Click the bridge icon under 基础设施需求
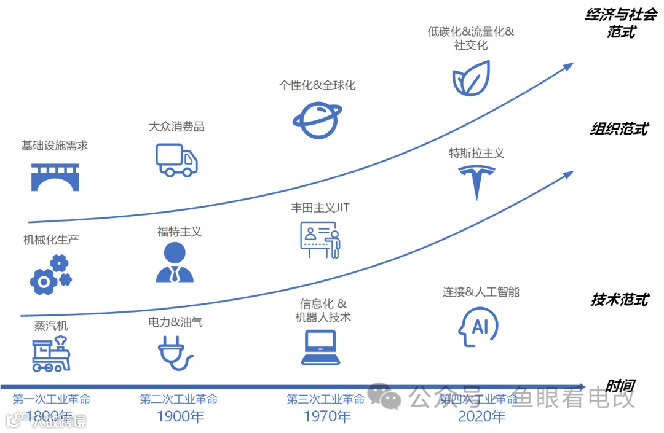click(55, 176)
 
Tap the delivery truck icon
click(176, 160)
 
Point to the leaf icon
click(470, 79)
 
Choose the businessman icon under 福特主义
click(175, 262)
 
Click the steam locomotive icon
click(52, 354)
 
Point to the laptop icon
click(320, 348)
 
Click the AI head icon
click(476, 326)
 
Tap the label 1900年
click(180, 416)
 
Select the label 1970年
click(327, 416)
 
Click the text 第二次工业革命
click(179, 399)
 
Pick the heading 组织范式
click(619, 130)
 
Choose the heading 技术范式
click(619, 300)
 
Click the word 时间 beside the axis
click(619, 386)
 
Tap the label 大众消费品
click(176, 127)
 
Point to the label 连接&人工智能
click(481, 292)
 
